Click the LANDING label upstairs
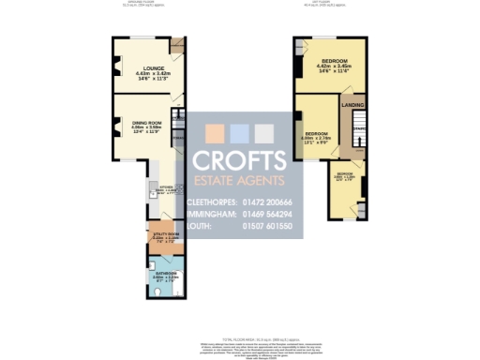coord(352,104)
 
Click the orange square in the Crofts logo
coord(215,133)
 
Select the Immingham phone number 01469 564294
coord(267,215)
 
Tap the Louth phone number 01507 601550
coord(267,227)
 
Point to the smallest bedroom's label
coord(345,174)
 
